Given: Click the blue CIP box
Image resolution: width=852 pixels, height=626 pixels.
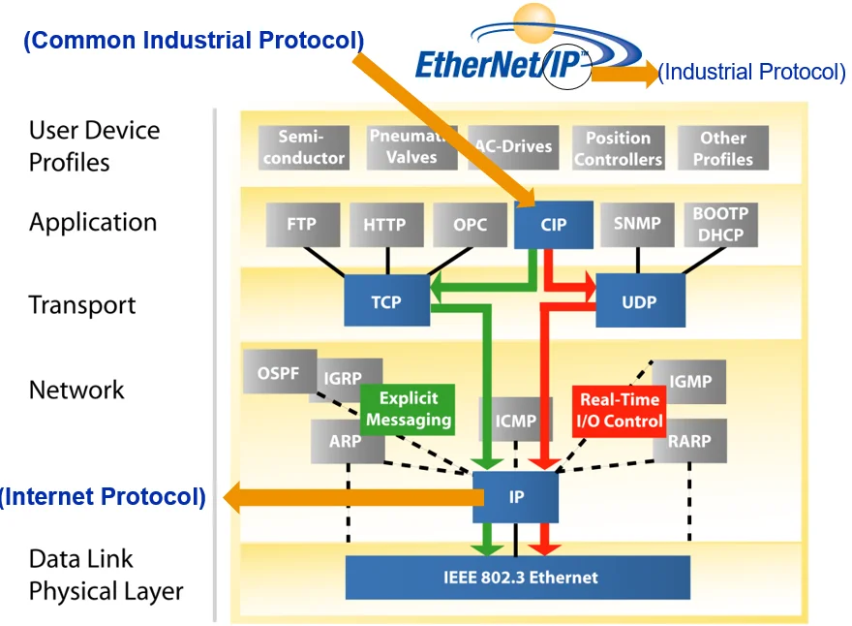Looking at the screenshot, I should [553, 224].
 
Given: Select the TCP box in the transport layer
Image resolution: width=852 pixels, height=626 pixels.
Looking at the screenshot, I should [385, 300].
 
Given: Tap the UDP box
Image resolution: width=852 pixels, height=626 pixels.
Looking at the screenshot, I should [639, 300].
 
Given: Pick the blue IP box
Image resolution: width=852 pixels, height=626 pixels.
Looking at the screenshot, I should [516, 497].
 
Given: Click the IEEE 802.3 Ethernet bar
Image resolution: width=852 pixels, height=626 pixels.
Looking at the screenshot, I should [517, 578].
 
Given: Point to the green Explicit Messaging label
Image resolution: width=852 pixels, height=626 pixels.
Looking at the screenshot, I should [408, 409].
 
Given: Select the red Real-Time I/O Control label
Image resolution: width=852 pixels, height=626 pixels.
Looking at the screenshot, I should [619, 410].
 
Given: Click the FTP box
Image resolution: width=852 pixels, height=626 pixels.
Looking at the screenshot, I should [301, 224].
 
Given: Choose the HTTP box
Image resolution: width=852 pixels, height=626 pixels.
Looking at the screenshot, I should [385, 224].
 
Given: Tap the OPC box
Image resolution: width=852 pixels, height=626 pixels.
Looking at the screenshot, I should [471, 224].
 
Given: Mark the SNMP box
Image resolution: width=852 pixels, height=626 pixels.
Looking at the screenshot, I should [637, 224].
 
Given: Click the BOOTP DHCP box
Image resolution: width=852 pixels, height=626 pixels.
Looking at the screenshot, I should [720, 224].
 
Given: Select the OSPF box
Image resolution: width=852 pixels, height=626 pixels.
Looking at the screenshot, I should [279, 373].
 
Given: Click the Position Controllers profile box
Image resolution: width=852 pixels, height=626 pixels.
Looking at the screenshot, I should [618, 148].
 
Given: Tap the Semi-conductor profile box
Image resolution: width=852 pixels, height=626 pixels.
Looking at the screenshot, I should [303, 147].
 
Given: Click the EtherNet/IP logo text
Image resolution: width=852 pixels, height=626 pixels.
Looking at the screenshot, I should [503, 63].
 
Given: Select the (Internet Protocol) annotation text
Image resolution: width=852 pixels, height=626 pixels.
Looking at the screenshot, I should [104, 497].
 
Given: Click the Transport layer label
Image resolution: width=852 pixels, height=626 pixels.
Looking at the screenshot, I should [82, 305].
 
